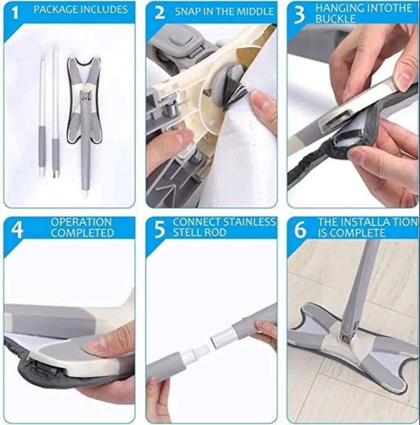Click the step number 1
click(16, 11)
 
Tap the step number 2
click(159, 12)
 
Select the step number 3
click(300, 14)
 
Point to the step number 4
click(17, 228)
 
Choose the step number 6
click(301, 228)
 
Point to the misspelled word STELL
click(192, 233)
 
